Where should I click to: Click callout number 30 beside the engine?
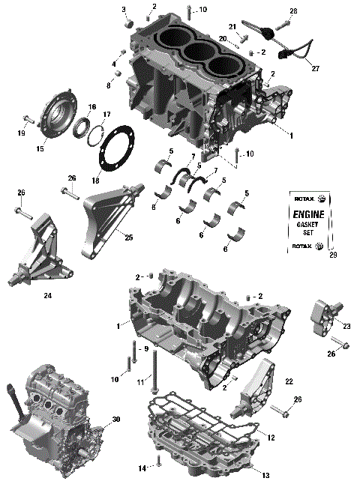click(x=115, y=419)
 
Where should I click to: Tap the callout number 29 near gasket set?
click(x=332, y=256)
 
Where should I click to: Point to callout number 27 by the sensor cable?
click(x=316, y=69)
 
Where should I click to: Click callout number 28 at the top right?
click(x=293, y=10)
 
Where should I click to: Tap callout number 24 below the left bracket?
click(x=47, y=295)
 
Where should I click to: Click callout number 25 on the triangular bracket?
click(x=128, y=238)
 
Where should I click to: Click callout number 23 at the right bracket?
click(x=346, y=326)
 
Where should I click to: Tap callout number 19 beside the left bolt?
click(x=22, y=133)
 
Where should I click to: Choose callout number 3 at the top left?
click(x=124, y=9)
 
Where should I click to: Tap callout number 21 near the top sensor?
click(x=232, y=26)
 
